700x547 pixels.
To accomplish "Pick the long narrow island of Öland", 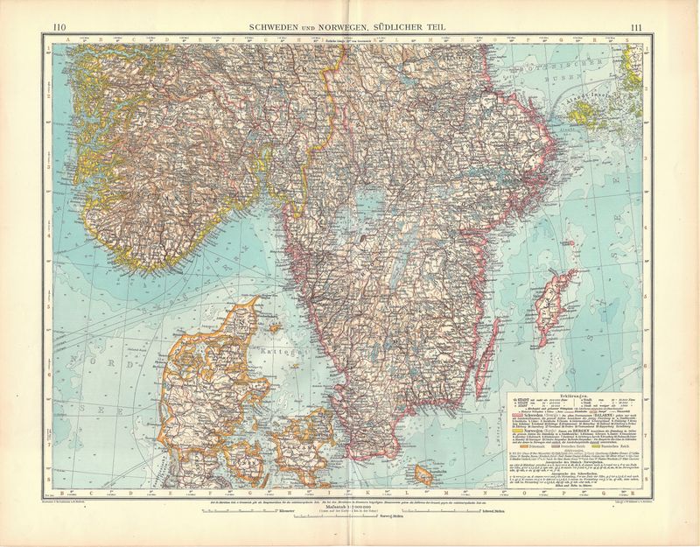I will [x=502, y=350].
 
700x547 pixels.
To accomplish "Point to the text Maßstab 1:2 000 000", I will [x=348, y=506].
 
